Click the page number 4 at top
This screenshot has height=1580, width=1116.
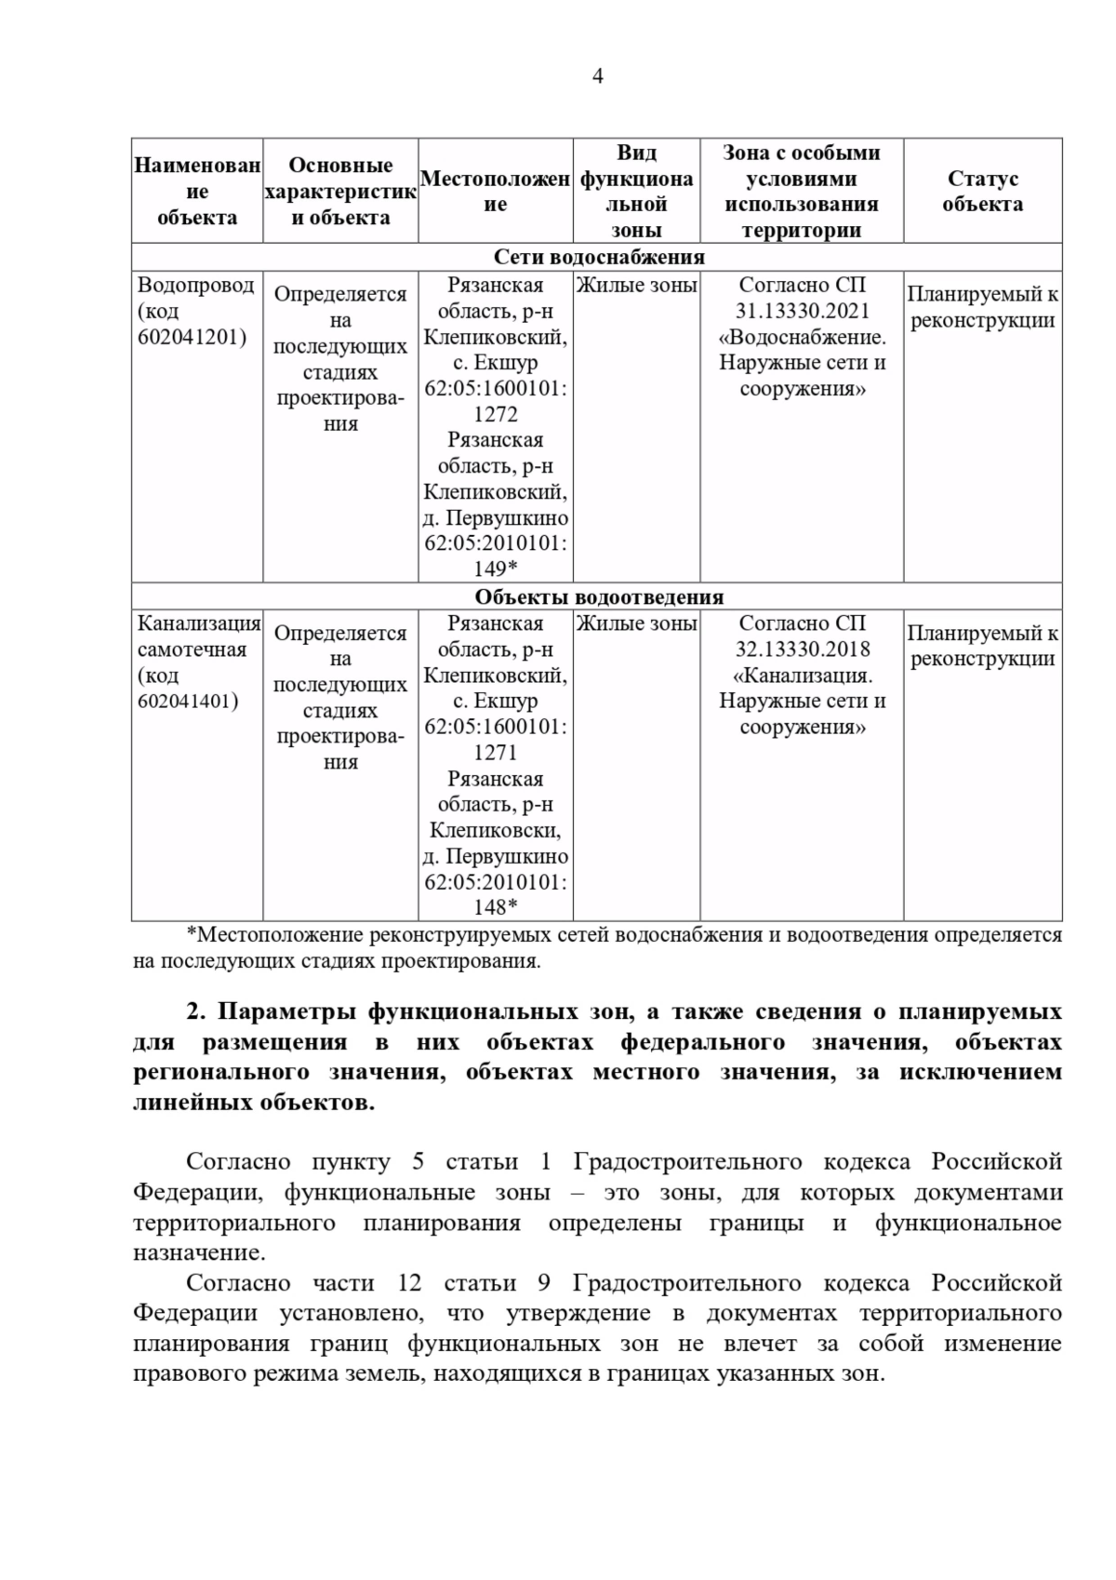[597, 76]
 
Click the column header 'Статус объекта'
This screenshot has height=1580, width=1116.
[982, 192]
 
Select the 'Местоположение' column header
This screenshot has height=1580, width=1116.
[495, 192]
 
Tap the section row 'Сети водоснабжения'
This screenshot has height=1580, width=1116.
[597, 257]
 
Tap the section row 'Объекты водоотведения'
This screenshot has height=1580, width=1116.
[598, 596]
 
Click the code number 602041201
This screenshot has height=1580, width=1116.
[193, 337]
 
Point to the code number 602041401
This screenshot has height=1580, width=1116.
[188, 701]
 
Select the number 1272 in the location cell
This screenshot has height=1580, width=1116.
[495, 414]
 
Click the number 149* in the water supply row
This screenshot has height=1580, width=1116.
[495, 569]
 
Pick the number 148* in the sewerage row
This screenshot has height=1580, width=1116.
[495, 907]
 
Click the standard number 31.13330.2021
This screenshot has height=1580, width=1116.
[802, 311]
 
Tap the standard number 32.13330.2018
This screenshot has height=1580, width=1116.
[802, 649]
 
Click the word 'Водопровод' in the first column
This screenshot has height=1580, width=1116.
[196, 285]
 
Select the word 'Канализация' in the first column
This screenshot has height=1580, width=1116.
[199, 623]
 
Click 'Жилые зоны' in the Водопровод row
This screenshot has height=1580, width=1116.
[636, 286]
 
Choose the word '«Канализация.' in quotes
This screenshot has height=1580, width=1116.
[802, 675]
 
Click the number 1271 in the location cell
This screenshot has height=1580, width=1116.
[495, 752]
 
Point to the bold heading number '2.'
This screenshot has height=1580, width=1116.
[195, 1011]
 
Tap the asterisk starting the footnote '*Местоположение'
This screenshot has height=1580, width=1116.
[192, 934]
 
